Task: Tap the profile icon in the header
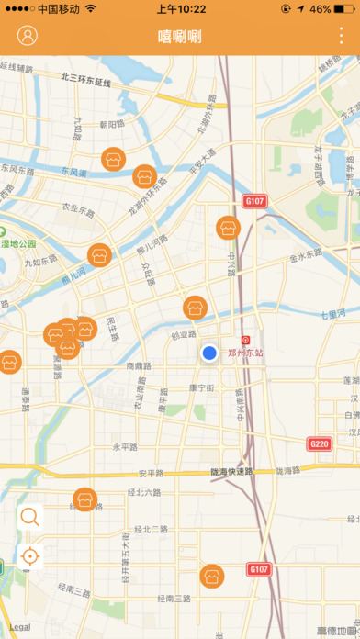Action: (x=28, y=37)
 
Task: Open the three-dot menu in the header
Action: (x=342, y=37)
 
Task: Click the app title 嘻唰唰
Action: (x=180, y=38)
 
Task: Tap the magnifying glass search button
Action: (x=29, y=516)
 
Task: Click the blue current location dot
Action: (x=209, y=353)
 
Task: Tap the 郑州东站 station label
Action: (x=245, y=352)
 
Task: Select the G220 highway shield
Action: (x=319, y=444)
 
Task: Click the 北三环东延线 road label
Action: (x=85, y=80)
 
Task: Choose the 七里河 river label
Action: (x=334, y=314)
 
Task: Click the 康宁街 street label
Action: (x=201, y=388)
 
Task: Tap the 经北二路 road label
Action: (x=150, y=530)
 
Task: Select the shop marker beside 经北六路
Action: (x=85, y=499)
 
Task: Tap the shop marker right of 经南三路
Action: (x=212, y=577)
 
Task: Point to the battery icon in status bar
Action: (x=345, y=8)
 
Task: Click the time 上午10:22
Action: (x=181, y=8)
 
